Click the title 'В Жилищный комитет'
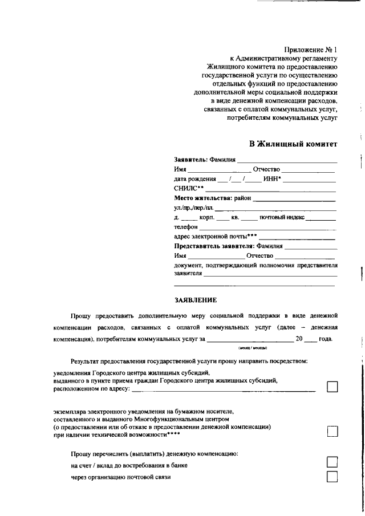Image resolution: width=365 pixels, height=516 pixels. (293, 143)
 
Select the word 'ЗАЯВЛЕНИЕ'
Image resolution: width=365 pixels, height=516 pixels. (196, 299)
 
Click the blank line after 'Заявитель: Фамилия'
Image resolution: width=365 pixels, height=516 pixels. (287, 161)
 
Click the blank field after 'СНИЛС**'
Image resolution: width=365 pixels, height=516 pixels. (270, 188)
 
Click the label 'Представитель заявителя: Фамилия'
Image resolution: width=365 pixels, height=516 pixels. (228, 246)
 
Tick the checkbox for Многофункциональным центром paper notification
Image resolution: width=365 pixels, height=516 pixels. (332, 432)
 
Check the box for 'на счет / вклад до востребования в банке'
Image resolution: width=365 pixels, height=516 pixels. (332, 462)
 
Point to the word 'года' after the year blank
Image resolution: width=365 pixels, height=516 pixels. (325, 339)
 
